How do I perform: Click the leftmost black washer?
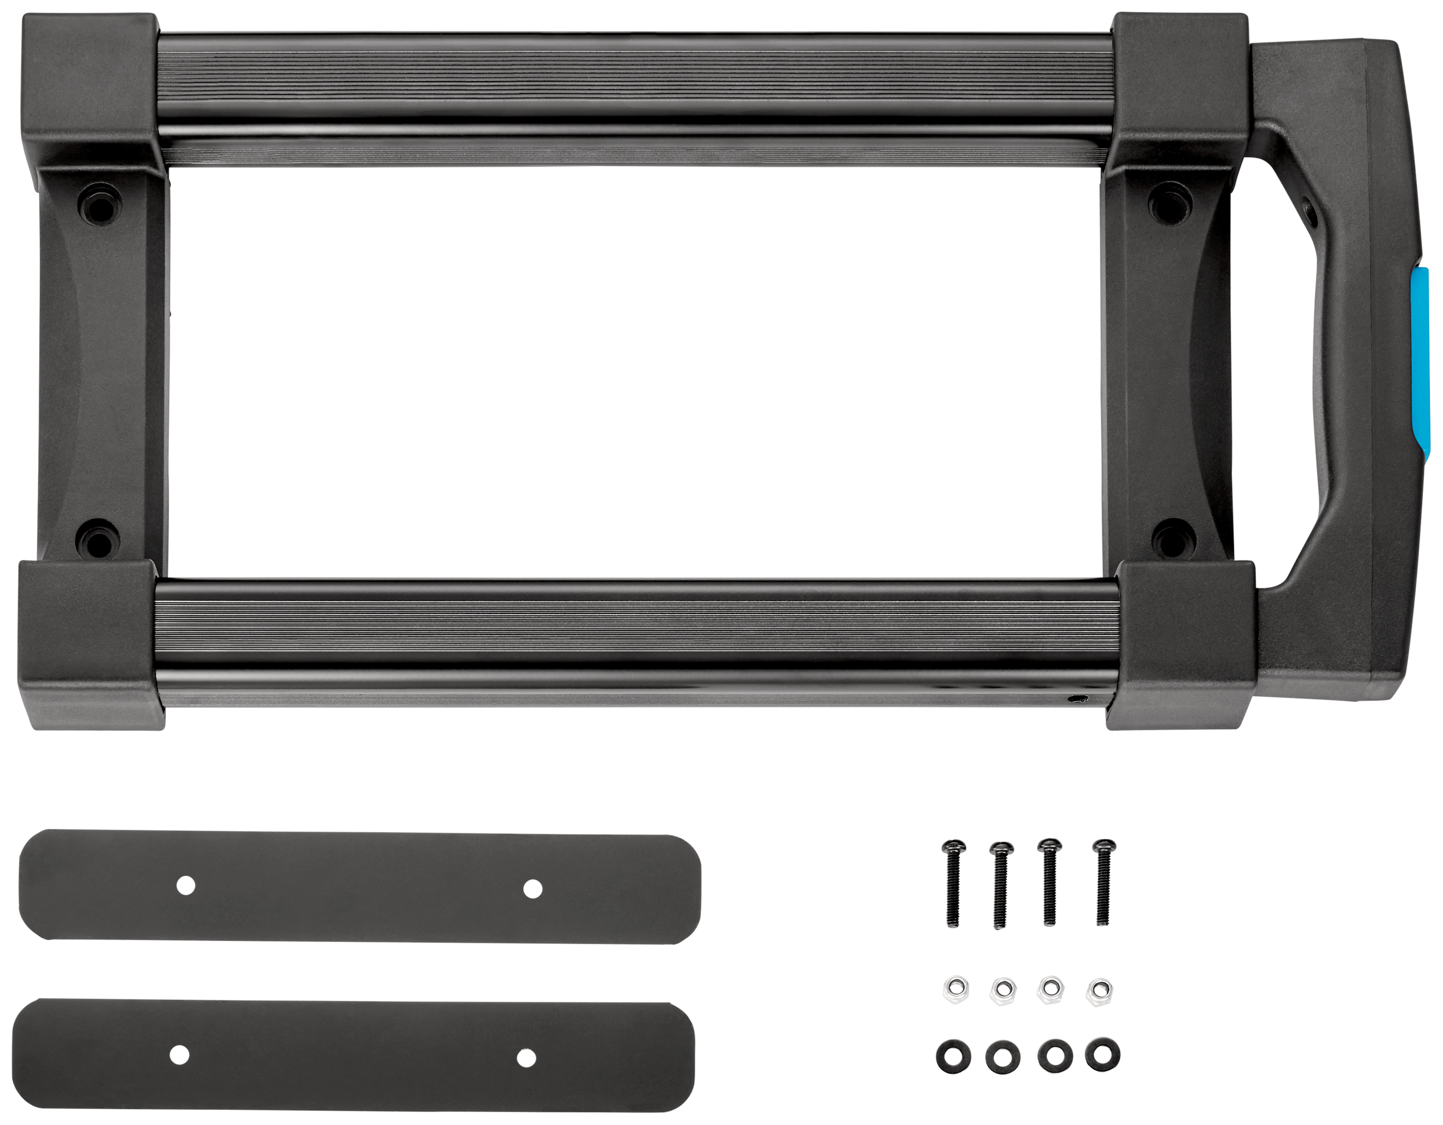pyautogui.click(x=953, y=1058)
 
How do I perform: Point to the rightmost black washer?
pyautogui.click(x=1102, y=1056)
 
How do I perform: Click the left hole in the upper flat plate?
pyautogui.click(x=186, y=885)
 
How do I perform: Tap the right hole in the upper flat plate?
pyautogui.click(x=533, y=889)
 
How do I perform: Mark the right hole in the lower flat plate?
pyautogui.click(x=526, y=1058)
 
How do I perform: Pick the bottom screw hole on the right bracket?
pyautogui.click(x=1172, y=539)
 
